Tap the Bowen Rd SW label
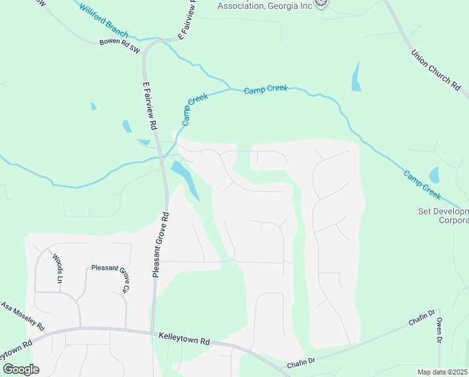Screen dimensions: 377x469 click(x=119, y=45)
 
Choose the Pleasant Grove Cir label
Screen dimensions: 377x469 click(x=110, y=276)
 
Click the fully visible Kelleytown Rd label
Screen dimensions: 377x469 click(x=184, y=339)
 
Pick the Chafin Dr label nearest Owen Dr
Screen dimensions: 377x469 click(x=422, y=317)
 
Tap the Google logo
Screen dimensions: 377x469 click(x=20, y=369)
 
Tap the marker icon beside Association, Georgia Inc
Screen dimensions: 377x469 click(x=321, y=4)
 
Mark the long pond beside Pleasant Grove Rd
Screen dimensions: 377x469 click(x=184, y=177)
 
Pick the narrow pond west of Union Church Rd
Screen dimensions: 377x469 click(x=357, y=77)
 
